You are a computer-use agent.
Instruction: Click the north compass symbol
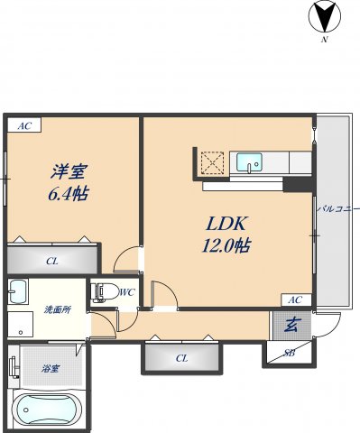[324, 17]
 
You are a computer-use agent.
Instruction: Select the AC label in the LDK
[293, 299]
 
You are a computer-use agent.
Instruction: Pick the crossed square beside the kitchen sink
[213, 162]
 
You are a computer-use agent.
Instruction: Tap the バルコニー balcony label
[338, 210]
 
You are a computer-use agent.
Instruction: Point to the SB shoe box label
[290, 352]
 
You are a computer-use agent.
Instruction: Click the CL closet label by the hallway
[181, 358]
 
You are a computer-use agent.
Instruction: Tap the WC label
[127, 291]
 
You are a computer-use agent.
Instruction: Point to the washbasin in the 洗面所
[18, 293]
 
